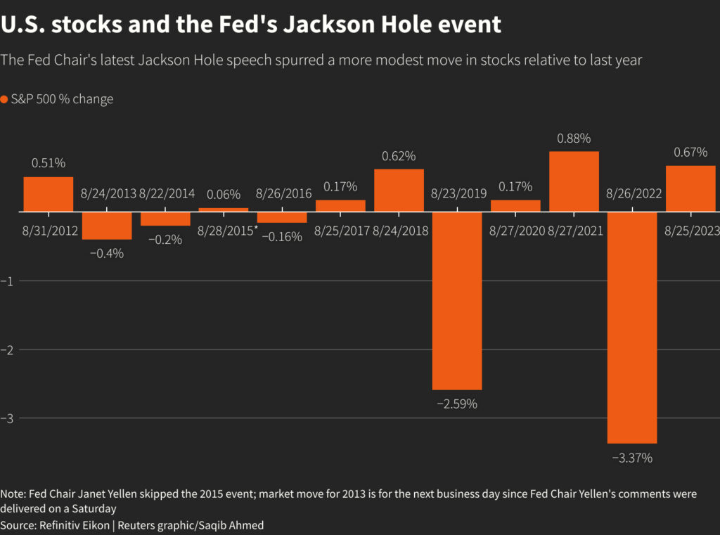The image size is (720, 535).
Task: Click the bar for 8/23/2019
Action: click(x=457, y=300)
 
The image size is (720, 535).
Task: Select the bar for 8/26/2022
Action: click(x=632, y=327)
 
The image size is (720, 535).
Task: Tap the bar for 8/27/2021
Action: click(x=574, y=181)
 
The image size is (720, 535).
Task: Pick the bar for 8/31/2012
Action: click(x=49, y=194)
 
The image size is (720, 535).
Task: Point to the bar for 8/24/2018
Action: click(x=399, y=190)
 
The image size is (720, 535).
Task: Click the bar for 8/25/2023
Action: click(x=690, y=188)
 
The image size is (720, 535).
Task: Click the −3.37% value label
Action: click(x=632, y=458)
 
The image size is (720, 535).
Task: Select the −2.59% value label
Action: click(x=457, y=404)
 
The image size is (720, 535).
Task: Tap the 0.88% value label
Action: click(x=574, y=138)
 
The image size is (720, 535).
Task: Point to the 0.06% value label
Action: click(x=224, y=195)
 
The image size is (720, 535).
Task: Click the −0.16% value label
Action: click(x=282, y=237)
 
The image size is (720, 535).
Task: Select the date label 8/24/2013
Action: click(x=108, y=193)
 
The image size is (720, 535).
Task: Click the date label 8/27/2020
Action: click(x=517, y=231)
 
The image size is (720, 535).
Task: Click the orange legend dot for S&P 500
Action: click(x=4, y=99)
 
